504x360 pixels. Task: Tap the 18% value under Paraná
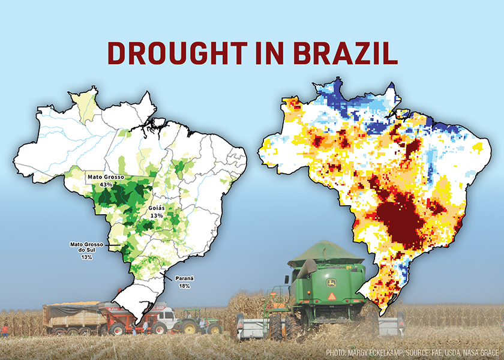[184, 286]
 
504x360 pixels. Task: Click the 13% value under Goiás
[157, 215]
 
